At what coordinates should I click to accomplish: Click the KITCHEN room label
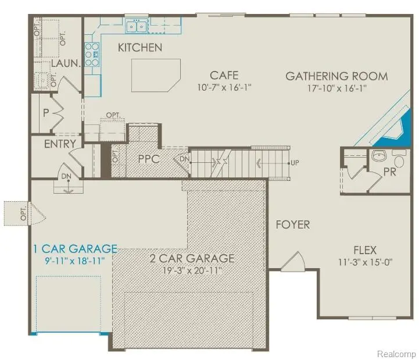[140, 48]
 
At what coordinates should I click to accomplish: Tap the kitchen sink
[137, 26]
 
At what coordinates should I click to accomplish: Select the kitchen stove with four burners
[92, 54]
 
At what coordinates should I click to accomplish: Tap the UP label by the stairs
[295, 163]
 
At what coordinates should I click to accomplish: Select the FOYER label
[292, 224]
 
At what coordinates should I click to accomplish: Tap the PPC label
[149, 158]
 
